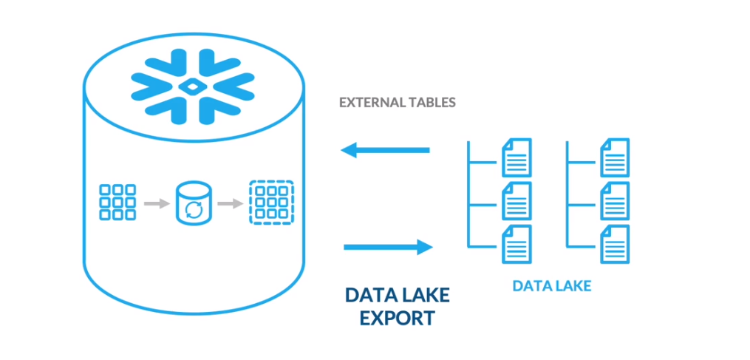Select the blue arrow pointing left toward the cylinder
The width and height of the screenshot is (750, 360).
(385, 150)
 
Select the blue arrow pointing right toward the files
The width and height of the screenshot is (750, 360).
(389, 247)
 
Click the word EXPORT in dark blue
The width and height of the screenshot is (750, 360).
(398, 318)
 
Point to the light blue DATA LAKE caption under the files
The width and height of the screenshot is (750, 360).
(552, 286)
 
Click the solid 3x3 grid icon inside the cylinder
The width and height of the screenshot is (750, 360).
(117, 202)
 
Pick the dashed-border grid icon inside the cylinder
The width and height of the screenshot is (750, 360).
(271, 203)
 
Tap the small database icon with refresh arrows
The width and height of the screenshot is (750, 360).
(194, 203)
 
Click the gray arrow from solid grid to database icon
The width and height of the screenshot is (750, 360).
(156, 203)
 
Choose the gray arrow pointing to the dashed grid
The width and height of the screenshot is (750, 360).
(230, 203)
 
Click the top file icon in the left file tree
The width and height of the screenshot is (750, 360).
(517, 157)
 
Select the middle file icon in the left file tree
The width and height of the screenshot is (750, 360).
(517, 201)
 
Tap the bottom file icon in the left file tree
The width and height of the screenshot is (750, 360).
(517, 244)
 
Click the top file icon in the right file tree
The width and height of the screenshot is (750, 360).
(615, 157)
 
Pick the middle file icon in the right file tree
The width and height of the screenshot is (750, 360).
(615, 201)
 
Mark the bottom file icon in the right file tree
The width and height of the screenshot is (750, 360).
(615, 244)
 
